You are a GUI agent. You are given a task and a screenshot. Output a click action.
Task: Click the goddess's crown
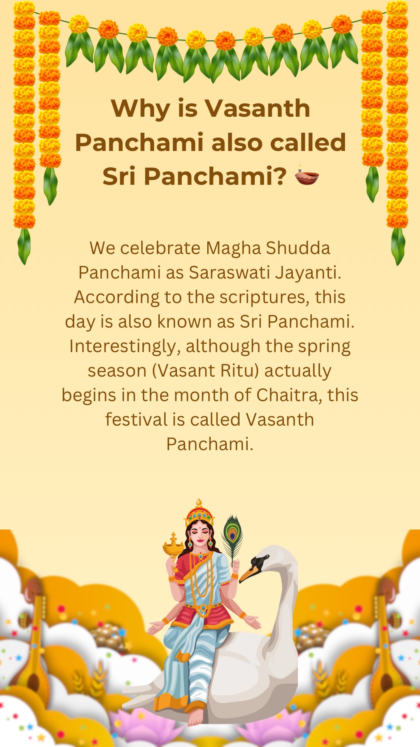coord(199,512)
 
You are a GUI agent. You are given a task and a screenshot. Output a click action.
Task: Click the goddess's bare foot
coord(195,717)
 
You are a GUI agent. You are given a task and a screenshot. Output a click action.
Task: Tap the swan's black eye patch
coord(258,561)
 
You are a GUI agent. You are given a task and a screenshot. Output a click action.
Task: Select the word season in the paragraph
coord(117,371)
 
